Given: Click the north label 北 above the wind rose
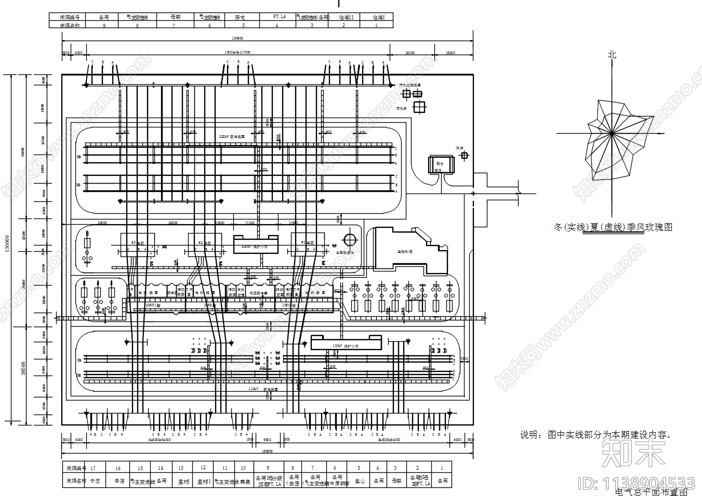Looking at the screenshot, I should (612, 55).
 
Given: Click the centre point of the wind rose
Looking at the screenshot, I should (612, 134).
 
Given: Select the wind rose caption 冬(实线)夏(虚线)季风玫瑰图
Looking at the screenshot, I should (613, 227).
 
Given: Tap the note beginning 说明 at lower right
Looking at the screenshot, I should (595, 435).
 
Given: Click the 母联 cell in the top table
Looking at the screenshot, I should (176, 17).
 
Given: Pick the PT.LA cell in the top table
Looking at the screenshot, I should (279, 17).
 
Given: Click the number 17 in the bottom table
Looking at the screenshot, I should (93, 468).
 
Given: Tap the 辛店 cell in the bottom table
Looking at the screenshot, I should (119, 481).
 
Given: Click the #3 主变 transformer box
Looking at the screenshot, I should (138, 244).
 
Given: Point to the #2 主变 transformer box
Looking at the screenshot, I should (205, 244).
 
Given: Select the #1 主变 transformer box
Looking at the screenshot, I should (308, 244).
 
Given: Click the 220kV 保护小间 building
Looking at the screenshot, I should (255, 245).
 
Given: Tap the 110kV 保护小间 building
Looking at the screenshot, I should (346, 343).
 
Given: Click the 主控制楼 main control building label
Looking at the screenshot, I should (405, 252).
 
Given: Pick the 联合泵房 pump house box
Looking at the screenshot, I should (441, 165).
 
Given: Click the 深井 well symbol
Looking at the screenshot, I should (465, 155).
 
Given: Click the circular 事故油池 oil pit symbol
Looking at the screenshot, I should (350, 240).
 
